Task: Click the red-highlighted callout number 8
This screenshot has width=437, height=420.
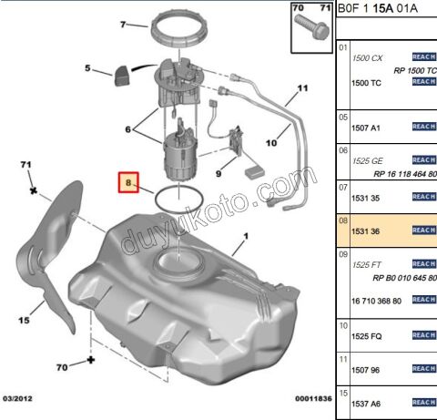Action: pos(128,183)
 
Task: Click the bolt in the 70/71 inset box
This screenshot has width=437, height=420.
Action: pos(312,26)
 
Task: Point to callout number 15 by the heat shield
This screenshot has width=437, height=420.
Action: pos(24,320)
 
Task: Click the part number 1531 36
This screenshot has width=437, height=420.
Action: pos(365,231)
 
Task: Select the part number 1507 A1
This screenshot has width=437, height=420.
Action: pos(366,128)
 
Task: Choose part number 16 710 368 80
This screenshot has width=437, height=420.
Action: pos(376,301)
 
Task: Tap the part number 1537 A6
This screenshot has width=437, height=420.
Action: pos(366,404)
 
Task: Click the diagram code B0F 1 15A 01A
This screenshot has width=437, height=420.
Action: pos(378,8)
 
